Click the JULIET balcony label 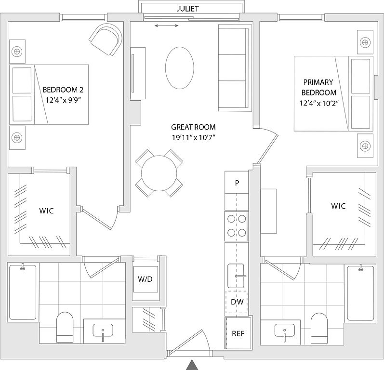pos(188,9)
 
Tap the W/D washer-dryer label pos(145,279)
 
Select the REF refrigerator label pos(238,333)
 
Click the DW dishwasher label pos(237,302)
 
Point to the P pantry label pos(237,183)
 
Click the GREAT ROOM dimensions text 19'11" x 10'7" pos(193,138)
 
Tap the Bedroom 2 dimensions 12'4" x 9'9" pos(63,100)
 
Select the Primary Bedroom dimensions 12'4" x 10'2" pos(319,103)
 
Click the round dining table pos(159,173)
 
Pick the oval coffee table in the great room pos(180,68)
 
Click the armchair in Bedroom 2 pos(106,39)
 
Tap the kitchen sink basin pos(236,276)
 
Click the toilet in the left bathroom pos(65,327)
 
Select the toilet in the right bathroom pos(319,328)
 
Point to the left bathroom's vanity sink pos(103,330)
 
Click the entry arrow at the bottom pos(192,365)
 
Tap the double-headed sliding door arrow pos(167,26)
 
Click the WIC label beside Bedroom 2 pos(46,211)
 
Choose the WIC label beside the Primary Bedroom pos(338,206)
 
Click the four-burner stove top pos(237,226)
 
